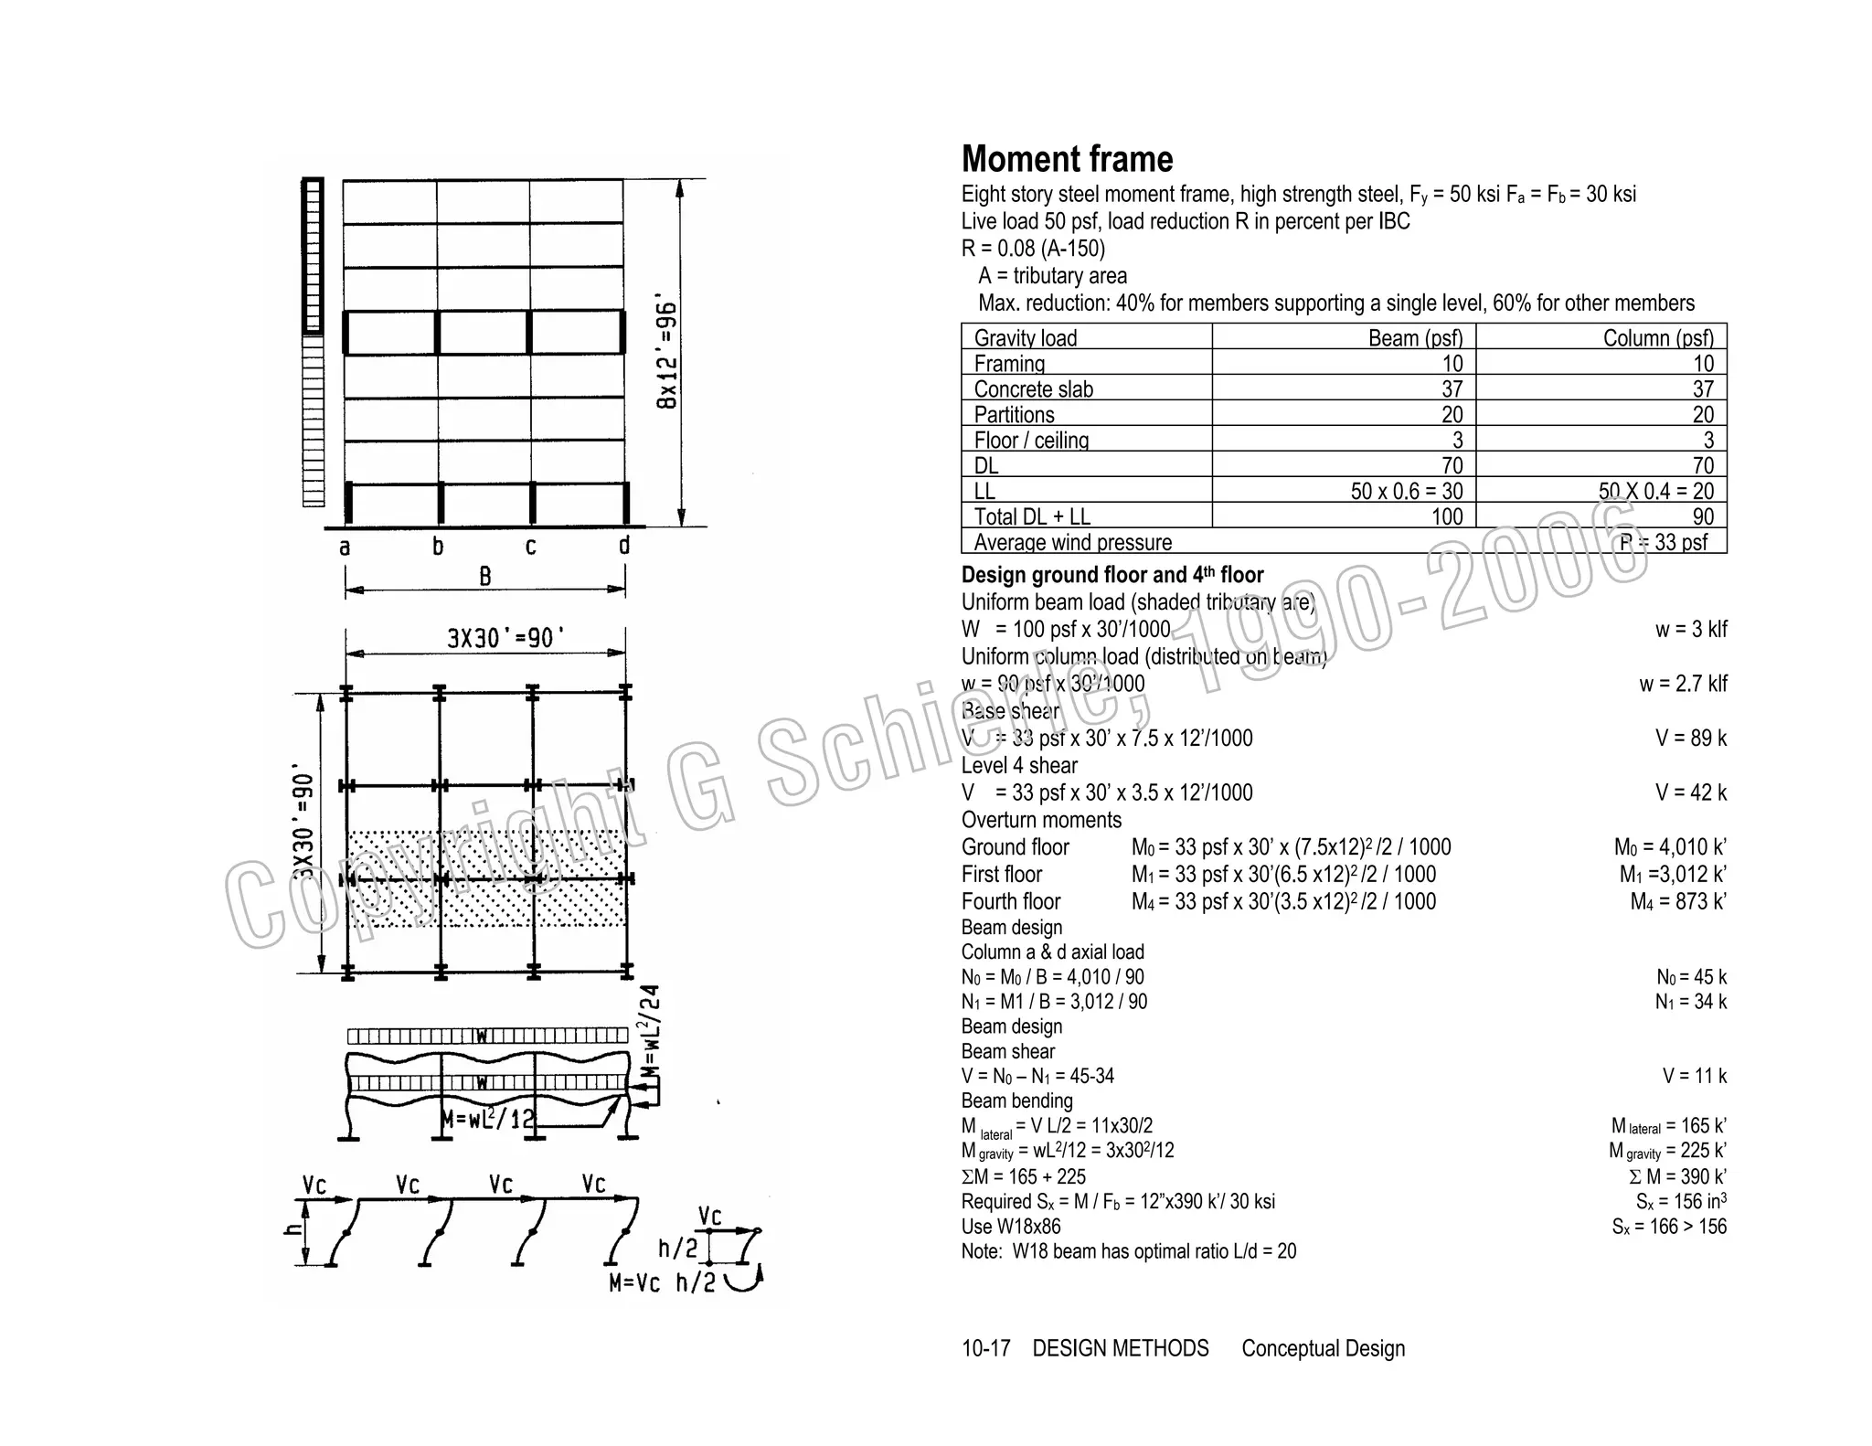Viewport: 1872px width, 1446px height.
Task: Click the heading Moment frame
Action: pyautogui.click(x=1067, y=159)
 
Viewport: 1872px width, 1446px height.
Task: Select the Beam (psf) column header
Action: pyautogui.click(x=1415, y=337)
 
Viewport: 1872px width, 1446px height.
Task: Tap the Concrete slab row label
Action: pyautogui.click(x=1033, y=389)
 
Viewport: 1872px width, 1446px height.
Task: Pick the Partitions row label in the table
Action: pyautogui.click(x=1014, y=415)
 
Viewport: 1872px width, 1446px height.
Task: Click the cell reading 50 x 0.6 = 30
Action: pyautogui.click(x=1406, y=492)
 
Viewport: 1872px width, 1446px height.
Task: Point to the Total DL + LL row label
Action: pyautogui.click(x=1031, y=517)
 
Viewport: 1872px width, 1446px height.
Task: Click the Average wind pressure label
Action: pyautogui.click(x=1072, y=543)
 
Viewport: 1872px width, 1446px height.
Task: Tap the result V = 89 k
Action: pyautogui.click(x=1690, y=739)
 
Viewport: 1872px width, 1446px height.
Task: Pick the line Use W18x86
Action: pyautogui.click(x=1011, y=1227)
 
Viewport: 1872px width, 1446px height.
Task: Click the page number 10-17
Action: pyautogui.click(x=985, y=1348)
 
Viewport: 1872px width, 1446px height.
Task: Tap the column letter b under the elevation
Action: pyautogui.click(x=438, y=547)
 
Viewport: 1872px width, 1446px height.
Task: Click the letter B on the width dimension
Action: pyautogui.click(x=485, y=576)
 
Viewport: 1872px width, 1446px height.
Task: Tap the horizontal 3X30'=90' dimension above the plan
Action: pyautogui.click(x=500, y=638)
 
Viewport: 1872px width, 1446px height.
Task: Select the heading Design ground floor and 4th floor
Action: pyautogui.click(x=1111, y=575)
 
